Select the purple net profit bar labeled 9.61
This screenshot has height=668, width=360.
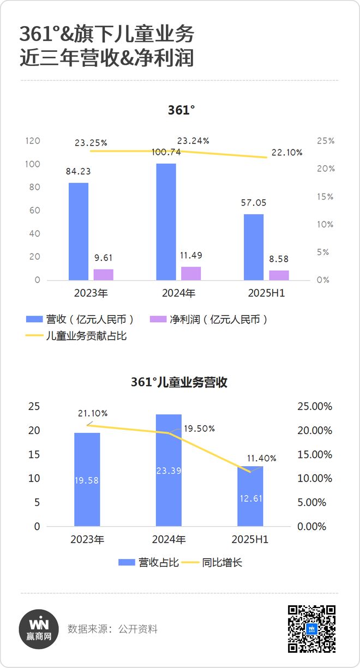click(x=103, y=274)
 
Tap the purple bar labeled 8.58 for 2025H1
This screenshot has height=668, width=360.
click(x=279, y=275)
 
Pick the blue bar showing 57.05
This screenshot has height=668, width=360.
click(x=254, y=247)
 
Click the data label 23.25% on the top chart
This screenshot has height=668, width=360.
click(x=91, y=143)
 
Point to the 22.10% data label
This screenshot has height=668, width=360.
click(x=286, y=153)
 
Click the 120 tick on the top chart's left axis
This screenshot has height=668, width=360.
click(x=33, y=141)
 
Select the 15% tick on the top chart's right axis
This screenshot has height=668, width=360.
click(x=326, y=196)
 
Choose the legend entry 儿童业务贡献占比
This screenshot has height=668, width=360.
click(x=76, y=336)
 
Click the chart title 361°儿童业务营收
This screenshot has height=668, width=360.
click(x=179, y=382)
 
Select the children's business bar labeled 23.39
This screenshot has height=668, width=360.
click(x=169, y=470)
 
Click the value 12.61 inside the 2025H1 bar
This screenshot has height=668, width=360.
click(x=250, y=498)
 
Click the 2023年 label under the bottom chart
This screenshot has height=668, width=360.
click(x=87, y=539)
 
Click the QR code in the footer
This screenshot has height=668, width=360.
click(x=311, y=629)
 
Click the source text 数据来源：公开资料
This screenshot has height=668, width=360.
click(x=112, y=629)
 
